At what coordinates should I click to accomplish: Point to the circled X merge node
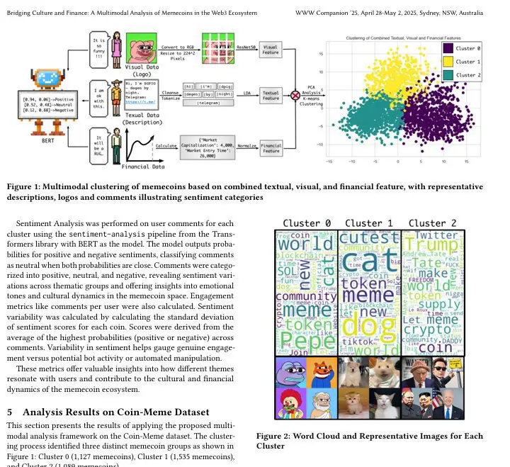[296, 95]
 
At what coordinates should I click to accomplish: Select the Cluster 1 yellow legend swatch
[448, 61]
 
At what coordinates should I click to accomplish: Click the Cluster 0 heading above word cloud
[307, 223]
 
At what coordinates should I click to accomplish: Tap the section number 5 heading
[9, 412]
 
